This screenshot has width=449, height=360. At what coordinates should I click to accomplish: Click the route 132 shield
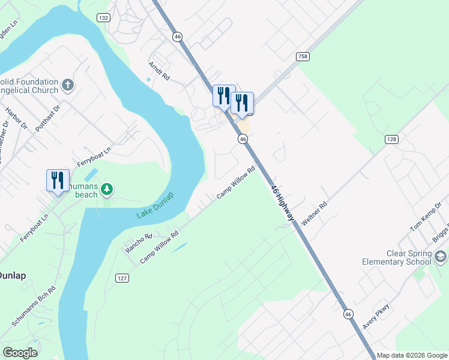pos(104,18)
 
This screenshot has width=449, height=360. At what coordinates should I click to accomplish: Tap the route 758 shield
pos(303,56)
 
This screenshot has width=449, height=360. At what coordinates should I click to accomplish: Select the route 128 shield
pos(391,139)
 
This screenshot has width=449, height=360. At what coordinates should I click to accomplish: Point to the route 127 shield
pos(122,278)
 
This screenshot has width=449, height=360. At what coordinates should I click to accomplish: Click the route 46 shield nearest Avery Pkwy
pos(348,314)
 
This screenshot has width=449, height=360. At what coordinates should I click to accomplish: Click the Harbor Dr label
pos(16,118)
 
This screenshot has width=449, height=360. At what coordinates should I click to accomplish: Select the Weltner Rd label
pos(314,214)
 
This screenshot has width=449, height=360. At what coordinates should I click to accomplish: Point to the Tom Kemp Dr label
pos(425,221)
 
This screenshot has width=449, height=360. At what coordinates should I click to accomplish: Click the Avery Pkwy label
pos(376,316)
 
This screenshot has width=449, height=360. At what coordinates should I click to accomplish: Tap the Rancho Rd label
pos(139,243)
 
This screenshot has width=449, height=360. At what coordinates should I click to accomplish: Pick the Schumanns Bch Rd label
pos(34,306)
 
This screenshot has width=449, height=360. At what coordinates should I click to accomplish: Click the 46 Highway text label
pos(283,202)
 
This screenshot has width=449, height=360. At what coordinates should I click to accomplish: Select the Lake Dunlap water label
pos(155,206)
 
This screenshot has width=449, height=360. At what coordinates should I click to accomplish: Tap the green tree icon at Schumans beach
pos(106,190)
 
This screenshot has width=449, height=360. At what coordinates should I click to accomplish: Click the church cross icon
pos(68,85)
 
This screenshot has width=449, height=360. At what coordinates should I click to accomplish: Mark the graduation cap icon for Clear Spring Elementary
pos(441,257)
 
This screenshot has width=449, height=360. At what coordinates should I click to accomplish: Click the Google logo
pos(20,353)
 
